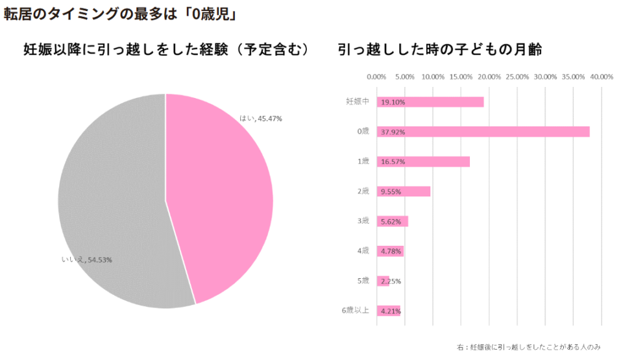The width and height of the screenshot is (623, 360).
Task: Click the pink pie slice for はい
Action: (221, 195)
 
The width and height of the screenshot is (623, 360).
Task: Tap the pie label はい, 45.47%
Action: (261, 119)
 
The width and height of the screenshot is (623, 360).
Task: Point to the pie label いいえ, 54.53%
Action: (87, 260)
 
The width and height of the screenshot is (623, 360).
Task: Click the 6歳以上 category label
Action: (356, 310)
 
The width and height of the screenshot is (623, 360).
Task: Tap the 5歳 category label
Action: (363, 280)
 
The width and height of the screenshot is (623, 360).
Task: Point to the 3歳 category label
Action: (363, 221)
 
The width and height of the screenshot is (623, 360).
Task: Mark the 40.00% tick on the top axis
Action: (602, 77)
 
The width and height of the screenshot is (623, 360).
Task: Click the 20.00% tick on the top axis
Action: (489, 77)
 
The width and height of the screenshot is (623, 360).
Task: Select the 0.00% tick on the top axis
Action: (376, 77)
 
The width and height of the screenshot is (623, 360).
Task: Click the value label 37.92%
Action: (393, 132)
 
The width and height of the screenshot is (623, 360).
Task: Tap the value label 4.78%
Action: (391, 251)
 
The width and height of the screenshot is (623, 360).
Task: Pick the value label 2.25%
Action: (391, 281)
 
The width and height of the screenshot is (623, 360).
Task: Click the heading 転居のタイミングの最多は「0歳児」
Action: (119, 15)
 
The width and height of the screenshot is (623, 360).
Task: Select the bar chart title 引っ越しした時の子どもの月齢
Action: (439, 49)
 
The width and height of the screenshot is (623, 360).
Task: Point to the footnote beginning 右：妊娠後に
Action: (528, 347)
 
